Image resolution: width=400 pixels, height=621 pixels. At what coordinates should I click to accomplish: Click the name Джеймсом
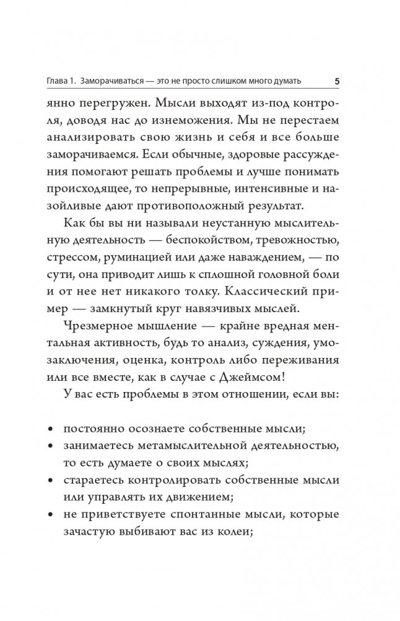(x=285, y=380)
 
